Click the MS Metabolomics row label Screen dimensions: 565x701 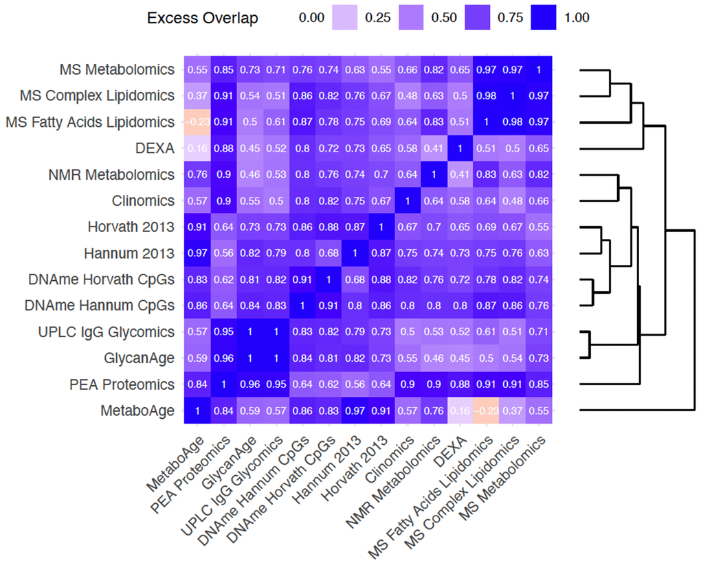117,70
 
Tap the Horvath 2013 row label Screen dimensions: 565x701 131,227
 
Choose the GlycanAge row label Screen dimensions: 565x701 139,358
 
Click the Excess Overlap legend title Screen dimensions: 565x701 203,19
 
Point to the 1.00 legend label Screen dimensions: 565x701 576,19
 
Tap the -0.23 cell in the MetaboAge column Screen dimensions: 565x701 197,122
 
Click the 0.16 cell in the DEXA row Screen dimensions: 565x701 197,148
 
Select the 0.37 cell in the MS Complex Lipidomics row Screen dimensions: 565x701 197,96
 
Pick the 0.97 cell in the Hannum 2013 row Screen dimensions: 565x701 197,253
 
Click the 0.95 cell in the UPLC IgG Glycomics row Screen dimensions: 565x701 223,332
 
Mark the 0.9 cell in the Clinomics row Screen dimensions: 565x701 223,200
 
